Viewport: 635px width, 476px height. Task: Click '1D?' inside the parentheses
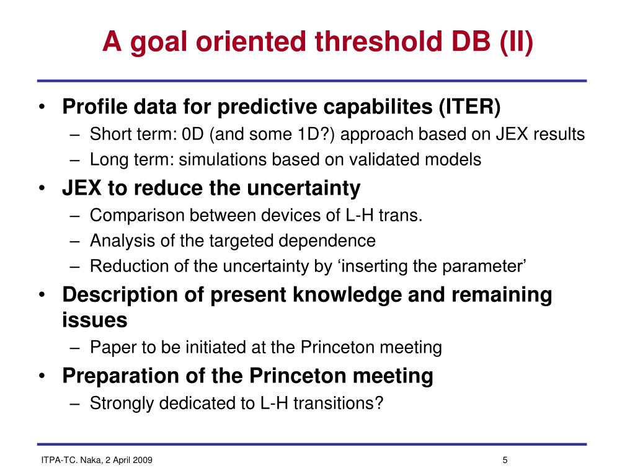pos(312,134)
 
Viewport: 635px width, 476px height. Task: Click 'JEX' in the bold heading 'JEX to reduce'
pos(82,188)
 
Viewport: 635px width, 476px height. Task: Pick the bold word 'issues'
pos(95,320)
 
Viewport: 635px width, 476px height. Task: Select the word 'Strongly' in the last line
pos(122,403)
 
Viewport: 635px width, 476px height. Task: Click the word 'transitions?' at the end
pos(339,403)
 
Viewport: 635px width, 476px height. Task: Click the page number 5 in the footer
pos(505,460)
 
